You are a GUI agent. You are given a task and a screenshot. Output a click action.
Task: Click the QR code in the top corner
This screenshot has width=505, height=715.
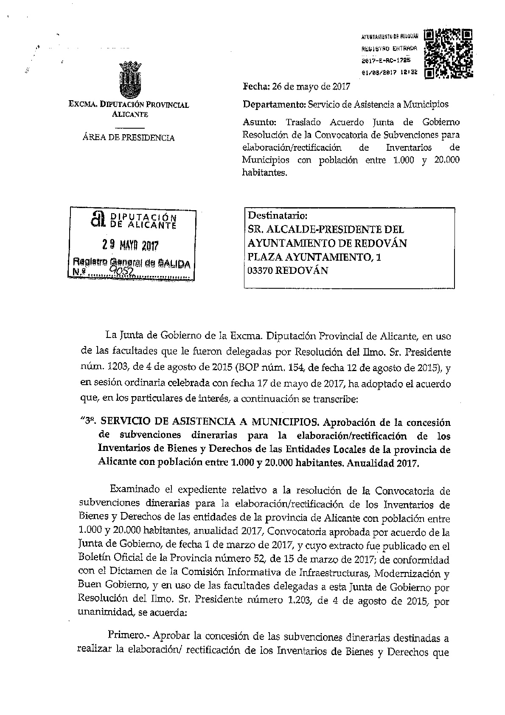449,53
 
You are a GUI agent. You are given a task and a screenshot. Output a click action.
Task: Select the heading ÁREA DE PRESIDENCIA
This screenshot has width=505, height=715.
129,138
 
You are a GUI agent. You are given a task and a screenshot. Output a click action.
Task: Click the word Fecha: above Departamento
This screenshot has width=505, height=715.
256,87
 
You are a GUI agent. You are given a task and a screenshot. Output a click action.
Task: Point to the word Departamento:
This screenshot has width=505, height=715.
274,104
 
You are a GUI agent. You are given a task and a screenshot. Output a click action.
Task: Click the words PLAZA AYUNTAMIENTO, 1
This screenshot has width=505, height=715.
314,257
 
